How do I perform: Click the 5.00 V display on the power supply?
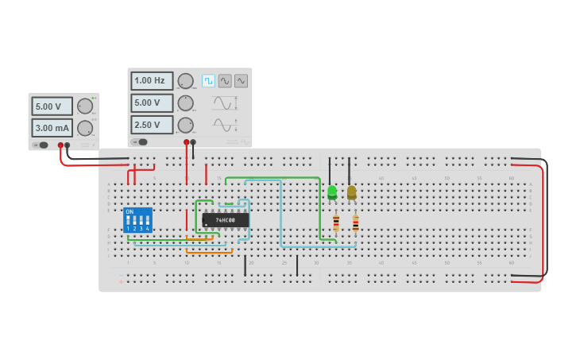52,106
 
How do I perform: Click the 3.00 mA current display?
52,128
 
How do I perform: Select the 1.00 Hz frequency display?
151,81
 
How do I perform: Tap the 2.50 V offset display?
151,125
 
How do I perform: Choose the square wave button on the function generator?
208,81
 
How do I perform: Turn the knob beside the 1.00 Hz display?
185,81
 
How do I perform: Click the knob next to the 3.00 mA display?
85,128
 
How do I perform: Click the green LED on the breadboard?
332,192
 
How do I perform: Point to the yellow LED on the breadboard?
351,192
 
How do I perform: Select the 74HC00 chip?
225,219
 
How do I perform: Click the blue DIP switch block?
137,220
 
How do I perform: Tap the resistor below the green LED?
336,223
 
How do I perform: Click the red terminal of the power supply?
60,145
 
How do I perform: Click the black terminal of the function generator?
193,142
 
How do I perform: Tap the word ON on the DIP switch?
130,211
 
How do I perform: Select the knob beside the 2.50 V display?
185,125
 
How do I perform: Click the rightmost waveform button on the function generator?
241,81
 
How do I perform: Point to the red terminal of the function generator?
187,142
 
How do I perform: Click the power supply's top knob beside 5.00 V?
85,106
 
